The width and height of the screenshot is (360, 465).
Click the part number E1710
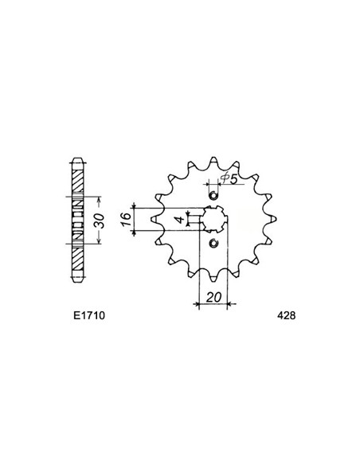click(89, 315)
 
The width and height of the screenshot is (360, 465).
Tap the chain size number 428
click(287, 315)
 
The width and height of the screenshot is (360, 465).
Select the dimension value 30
click(100, 221)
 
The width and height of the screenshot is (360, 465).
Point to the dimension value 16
click(127, 219)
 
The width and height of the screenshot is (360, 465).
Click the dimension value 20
click(214, 297)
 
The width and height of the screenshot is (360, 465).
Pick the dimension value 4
click(179, 220)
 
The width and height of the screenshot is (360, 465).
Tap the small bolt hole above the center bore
click(213, 196)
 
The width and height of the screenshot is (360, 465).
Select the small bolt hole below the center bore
click(213, 244)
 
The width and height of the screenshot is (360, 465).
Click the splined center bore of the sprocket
click(213, 220)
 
